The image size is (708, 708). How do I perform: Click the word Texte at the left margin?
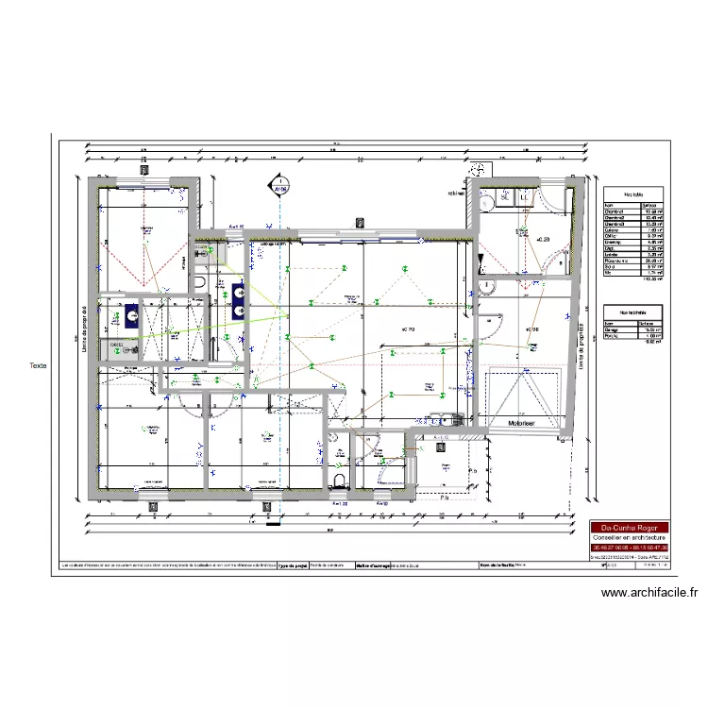(38, 365)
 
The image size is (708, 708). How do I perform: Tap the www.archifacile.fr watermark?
(649, 593)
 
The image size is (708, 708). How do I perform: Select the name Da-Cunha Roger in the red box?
(629, 528)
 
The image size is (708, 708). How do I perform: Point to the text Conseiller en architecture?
(629, 537)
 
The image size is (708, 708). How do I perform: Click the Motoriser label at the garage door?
(522, 424)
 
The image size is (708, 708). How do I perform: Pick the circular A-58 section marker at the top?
(279, 187)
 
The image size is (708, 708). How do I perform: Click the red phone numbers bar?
(629, 548)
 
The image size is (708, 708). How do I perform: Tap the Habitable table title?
(630, 194)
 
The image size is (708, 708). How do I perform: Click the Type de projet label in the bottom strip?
(292, 565)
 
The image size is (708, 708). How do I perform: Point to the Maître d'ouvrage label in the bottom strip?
(371, 565)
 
